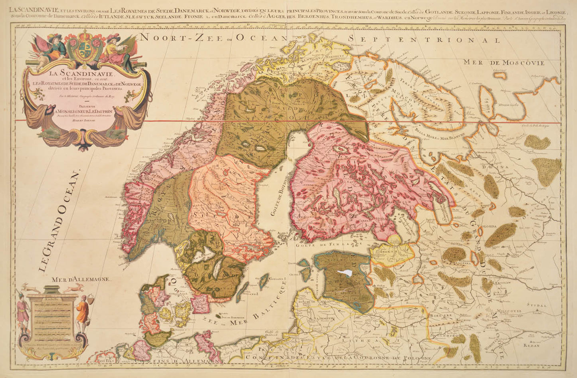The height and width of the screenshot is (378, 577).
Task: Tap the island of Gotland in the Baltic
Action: click(264, 281)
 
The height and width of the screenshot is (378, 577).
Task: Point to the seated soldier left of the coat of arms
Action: click(54, 47)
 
